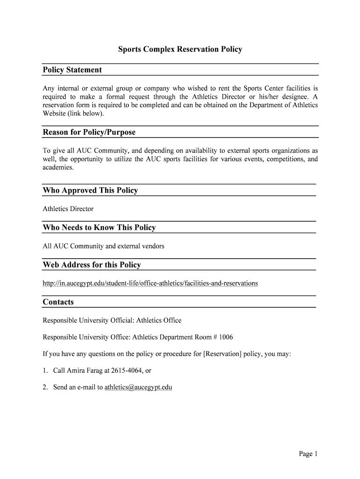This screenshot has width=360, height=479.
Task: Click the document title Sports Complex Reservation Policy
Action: [x=180, y=49]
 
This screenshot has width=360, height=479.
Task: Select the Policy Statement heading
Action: [x=72, y=70]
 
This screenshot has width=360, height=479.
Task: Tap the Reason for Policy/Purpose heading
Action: [x=89, y=132]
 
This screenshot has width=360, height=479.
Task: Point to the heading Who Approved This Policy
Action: [x=90, y=190]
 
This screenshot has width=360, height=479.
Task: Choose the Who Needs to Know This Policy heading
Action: [x=99, y=228]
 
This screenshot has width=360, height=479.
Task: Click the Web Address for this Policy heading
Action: [x=92, y=265]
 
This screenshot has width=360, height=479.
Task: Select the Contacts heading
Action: [x=58, y=302]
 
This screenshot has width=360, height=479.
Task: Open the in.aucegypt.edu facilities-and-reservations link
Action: [x=150, y=283]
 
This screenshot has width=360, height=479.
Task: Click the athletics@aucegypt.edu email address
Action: [x=138, y=387]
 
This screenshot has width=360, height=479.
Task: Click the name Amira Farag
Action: [x=84, y=370]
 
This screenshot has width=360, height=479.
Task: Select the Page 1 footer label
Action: [x=308, y=454]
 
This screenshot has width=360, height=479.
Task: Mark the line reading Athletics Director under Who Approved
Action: [x=68, y=209]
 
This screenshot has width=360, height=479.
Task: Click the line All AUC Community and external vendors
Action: [x=103, y=246]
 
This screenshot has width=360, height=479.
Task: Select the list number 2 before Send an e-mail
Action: [x=45, y=387]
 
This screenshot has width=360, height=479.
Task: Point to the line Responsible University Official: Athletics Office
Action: [x=112, y=320]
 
